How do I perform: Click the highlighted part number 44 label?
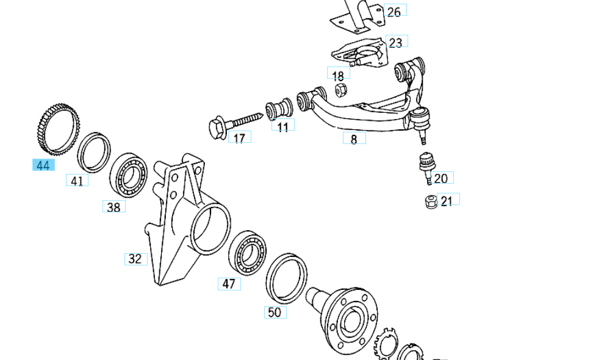click(43, 165)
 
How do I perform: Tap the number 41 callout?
click(77, 181)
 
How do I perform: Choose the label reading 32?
click(135, 259)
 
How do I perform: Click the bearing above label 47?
click(248, 251)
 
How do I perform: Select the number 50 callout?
click(275, 312)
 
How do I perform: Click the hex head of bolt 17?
click(217, 128)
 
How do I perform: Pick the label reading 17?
click(239, 138)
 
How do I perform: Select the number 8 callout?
click(354, 139)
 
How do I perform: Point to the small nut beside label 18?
click(342, 90)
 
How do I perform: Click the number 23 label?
click(396, 42)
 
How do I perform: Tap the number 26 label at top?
click(394, 12)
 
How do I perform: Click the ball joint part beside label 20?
click(425, 165)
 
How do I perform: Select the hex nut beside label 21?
click(431, 200)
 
